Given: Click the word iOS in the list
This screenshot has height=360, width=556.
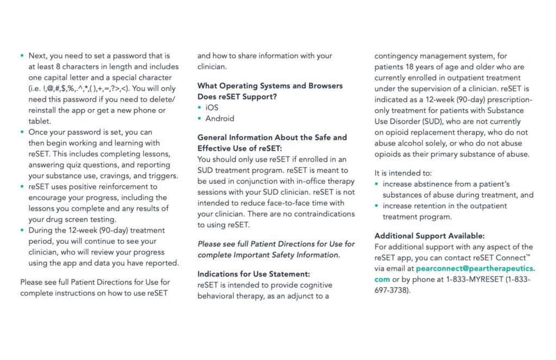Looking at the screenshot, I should tap(212, 108).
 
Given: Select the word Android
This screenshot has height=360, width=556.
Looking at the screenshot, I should tap(219, 118).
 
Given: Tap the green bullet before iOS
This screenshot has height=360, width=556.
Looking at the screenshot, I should tap(199, 108).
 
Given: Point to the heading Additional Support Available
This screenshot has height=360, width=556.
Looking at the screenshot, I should tap(429, 236).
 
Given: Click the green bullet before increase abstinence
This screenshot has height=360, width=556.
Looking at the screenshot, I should tap(377, 184).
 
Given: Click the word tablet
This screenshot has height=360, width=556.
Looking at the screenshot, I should tap(39, 121).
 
